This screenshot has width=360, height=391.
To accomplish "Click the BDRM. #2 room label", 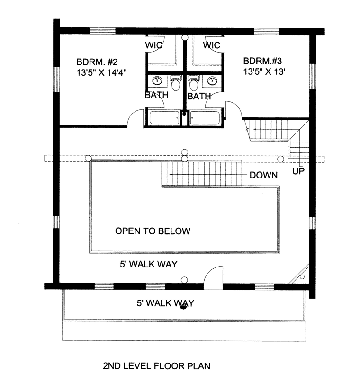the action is (x=97, y=62).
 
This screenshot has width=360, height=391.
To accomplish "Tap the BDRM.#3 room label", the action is (x=262, y=61).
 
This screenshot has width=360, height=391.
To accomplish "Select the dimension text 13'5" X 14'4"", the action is (x=101, y=72).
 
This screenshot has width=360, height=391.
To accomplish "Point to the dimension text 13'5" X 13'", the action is (x=264, y=72).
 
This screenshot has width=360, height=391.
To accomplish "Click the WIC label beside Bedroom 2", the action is (x=153, y=45).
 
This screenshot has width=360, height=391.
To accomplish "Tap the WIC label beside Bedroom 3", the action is (x=212, y=45).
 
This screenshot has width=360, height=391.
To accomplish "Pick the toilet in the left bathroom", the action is (x=175, y=82).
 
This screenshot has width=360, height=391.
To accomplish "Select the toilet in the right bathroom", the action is (x=193, y=82).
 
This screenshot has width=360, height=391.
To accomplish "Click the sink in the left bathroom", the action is (x=157, y=80).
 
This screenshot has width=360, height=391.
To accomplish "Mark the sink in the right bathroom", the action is (x=212, y=80).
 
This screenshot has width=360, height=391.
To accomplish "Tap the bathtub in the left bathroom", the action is (x=164, y=118).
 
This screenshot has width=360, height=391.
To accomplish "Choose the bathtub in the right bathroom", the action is (x=205, y=118).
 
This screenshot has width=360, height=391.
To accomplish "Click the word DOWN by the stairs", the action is (x=263, y=175).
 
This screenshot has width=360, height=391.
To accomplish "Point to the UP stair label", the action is (x=298, y=171).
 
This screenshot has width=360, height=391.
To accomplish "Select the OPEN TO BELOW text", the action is (x=153, y=231).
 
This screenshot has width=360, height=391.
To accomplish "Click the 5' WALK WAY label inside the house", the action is (x=149, y=264).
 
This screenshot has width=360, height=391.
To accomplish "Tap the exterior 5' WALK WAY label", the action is (x=165, y=303).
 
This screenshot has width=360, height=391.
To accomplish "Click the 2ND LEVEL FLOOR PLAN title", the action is (x=157, y=366).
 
